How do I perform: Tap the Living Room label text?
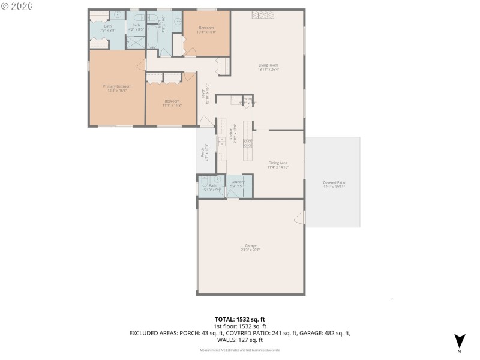coord(268,67)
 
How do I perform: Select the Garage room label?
coord(251,247)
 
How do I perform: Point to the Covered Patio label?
coord(334,184)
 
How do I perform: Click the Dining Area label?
coord(278,164)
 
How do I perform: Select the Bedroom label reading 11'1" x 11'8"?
coord(172,103)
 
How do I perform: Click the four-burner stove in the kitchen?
coord(247,143)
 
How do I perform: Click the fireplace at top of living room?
coord(263,15)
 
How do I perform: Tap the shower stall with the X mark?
coord(136,42)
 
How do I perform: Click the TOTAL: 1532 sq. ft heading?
coord(240,320)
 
